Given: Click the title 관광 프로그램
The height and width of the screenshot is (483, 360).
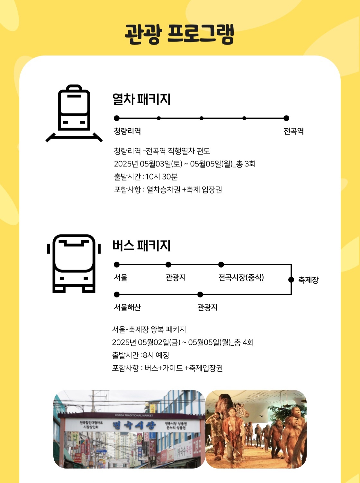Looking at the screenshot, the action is pyautogui.click(x=179, y=34).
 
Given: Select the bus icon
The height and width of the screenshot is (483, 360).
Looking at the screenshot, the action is pyautogui.click(x=74, y=263).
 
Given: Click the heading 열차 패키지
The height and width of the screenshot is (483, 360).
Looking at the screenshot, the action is pyautogui.click(x=141, y=99).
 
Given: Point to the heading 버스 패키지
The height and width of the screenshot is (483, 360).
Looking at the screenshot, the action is pyautogui.click(x=141, y=245).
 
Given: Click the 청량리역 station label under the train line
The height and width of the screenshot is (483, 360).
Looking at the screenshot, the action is pyautogui.click(x=127, y=131).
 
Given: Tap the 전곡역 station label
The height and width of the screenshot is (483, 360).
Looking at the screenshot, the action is pyautogui.click(x=293, y=131).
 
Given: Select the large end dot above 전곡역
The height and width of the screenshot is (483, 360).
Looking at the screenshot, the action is pyautogui.click(x=286, y=118).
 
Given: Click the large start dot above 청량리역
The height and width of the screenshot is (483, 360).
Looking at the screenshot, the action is pyautogui.click(x=117, y=118).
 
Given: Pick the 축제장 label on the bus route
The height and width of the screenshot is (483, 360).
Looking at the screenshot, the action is pyautogui.click(x=308, y=280).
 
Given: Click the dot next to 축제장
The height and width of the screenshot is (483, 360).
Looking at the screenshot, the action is pyautogui.click(x=291, y=279).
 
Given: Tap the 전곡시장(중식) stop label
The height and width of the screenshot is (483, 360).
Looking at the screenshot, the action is pyautogui.click(x=241, y=277).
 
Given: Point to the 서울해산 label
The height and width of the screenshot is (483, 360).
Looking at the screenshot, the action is pyautogui.click(x=127, y=307).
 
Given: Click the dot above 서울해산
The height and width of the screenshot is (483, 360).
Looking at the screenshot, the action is pyautogui.click(x=117, y=294).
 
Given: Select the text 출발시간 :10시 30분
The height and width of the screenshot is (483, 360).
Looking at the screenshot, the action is pyautogui.click(x=146, y=177).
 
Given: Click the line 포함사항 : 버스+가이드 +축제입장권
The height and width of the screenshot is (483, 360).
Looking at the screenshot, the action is pyautogui.click(x=167, y=368).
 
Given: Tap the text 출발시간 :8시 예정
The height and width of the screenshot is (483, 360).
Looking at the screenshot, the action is pyautogui.click(x=140, y=355).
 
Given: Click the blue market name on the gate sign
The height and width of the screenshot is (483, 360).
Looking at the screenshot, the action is pyautogui.click(x=134, y=425).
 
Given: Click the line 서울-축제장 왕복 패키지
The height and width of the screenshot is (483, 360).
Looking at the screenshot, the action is pyautogui.click(x=149, y=329).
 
